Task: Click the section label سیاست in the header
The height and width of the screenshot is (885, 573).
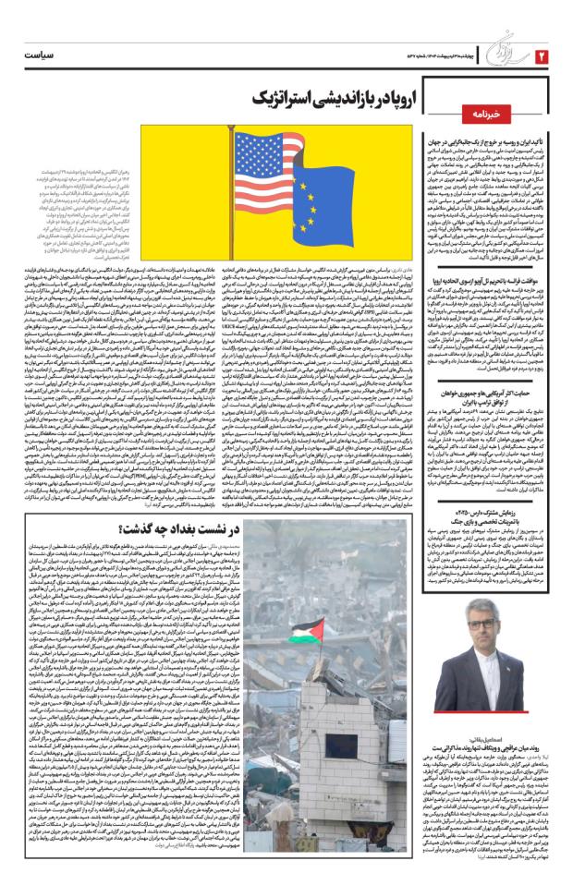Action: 42,55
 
